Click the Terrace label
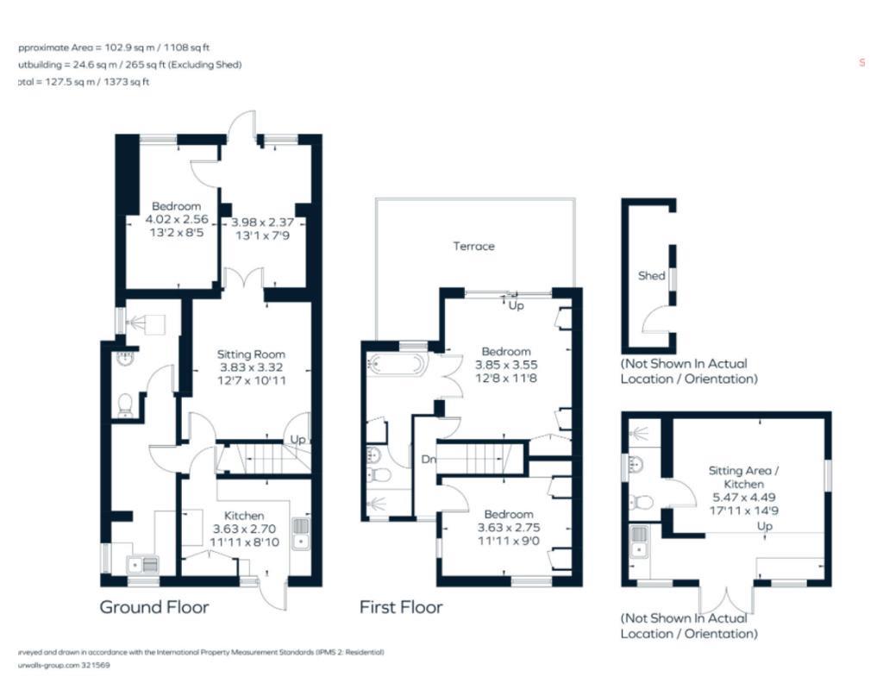tap(474, 247)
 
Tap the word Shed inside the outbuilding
tap(651, 276)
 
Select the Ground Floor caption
tap(154, 607)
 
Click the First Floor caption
tap(401, 607)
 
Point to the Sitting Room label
tap(250, 354)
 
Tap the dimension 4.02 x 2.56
tap(176, 220)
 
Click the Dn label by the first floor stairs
tap(429, 460)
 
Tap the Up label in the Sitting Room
tap(297, 440)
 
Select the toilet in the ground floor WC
tap(126, 404)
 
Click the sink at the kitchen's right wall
tap(301, 533)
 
